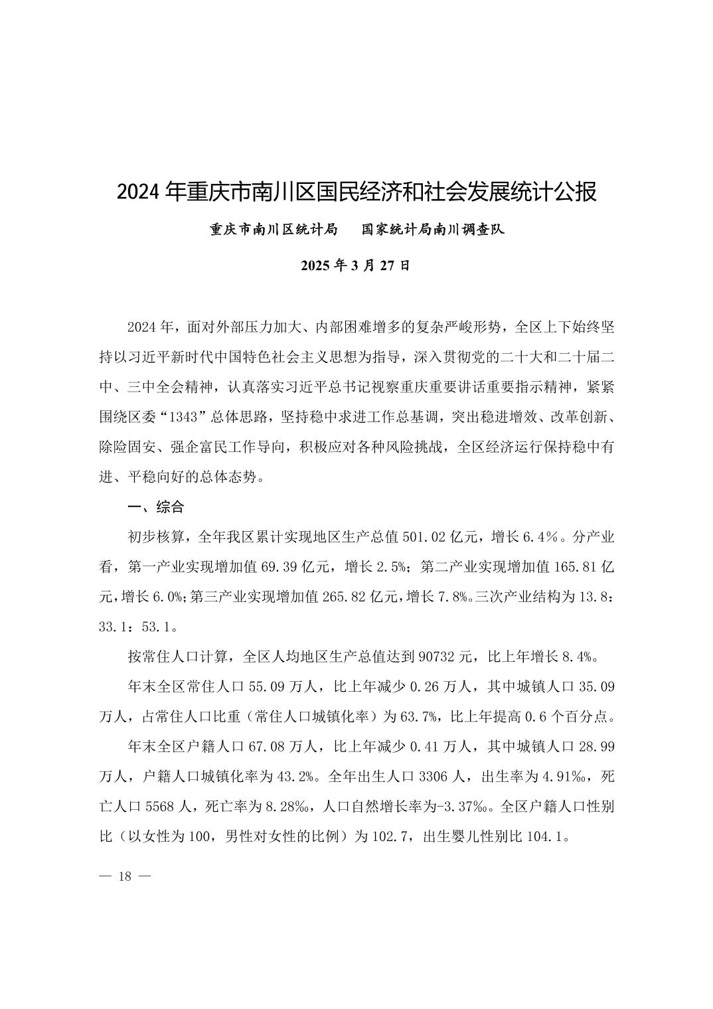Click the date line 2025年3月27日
[356, 266]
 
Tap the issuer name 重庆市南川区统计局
[274, 230]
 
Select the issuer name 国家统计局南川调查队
[433, 230]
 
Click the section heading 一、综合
[155, 507]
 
